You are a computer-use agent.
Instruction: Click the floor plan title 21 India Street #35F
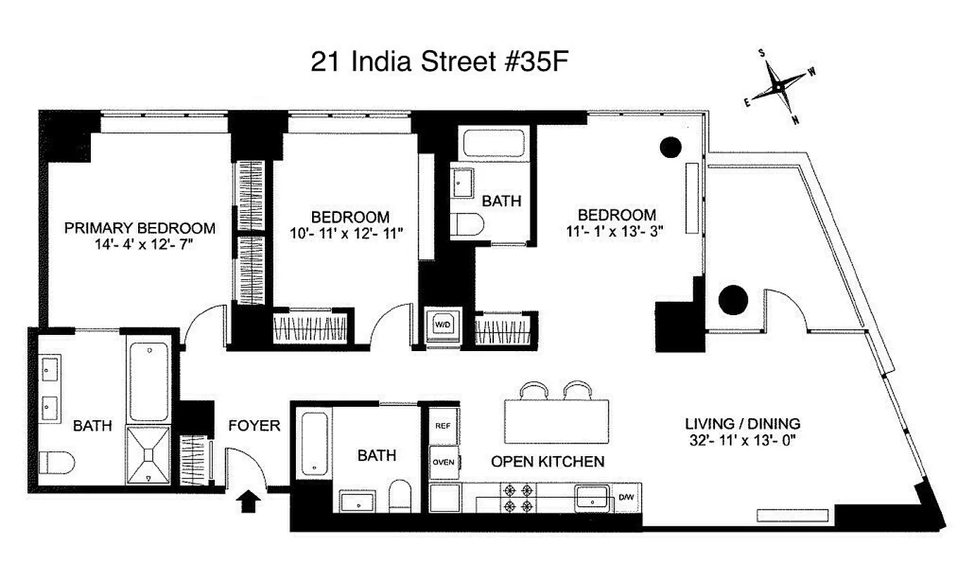(x=439, y=61)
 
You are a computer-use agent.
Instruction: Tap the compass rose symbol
(x=778, y=86)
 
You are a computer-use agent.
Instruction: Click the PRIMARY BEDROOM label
(x=139, y=228)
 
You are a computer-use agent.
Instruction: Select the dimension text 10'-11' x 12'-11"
(x=350, y=233)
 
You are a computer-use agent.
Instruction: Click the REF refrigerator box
(x=442, y=426)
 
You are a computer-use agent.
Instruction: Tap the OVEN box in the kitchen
(x=443, y=462)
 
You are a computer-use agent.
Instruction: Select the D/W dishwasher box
(x=626, y=498)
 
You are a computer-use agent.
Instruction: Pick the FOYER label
(x=254, y=426)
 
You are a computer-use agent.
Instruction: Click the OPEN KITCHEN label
(x=547, y=462)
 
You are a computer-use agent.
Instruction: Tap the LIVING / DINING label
(x=743, y=424)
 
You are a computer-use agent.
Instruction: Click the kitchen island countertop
(x=556, y=422)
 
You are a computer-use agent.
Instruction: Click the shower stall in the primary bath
(x=149, y=455)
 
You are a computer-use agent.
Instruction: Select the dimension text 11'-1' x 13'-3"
(x=616, y=232)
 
